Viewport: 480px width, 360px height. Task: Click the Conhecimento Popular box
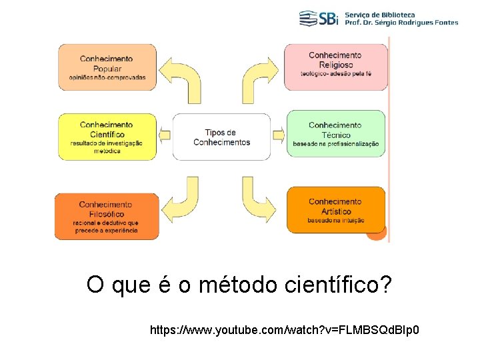click(x=107, y=67)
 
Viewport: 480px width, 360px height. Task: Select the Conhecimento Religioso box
click(x=335, y=67)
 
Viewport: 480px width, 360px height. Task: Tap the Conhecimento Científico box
click(x=107, y=136)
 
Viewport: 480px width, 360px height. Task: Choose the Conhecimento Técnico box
click(x=335, y=133)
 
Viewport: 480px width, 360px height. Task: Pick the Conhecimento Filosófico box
click(x=107, y=215)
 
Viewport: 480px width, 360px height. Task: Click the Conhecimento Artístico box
click(x=335, y=210)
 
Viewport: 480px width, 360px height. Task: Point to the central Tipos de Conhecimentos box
click(x=221, y=137)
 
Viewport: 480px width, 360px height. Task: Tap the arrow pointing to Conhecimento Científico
click(x=165, y=135)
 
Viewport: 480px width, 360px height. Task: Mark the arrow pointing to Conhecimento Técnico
click(x=278, y=135)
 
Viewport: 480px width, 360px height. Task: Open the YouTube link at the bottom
click(x=285, y=330)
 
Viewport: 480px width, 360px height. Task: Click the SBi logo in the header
click(x=319, y=18)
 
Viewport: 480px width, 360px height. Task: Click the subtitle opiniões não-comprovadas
click(x=107, y=78)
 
